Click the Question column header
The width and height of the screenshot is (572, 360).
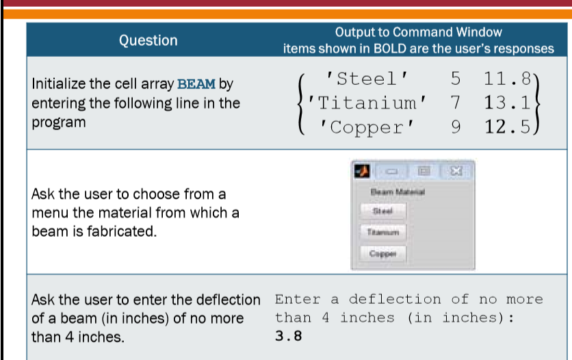point(148,40)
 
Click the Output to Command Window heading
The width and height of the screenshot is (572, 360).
point(418,32)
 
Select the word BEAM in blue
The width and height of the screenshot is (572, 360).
point(196,84)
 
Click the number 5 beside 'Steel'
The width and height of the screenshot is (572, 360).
point(456,78)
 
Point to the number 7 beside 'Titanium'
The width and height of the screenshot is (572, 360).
point(456,103)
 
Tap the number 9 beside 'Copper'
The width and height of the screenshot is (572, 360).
point(456,127)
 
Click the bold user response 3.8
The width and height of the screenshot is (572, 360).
point(288,336)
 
